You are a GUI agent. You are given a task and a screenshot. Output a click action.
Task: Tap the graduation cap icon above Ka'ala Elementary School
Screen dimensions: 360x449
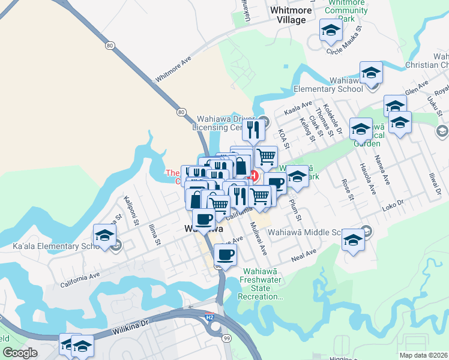[x=104, y=235]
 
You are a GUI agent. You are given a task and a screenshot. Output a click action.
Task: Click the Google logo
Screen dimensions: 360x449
[x=20, y=352]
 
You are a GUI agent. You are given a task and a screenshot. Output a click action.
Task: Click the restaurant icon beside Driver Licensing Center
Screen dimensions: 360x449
[x=253, y=130]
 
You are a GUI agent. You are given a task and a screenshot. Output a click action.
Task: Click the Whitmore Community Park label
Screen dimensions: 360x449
[x=345, y=11]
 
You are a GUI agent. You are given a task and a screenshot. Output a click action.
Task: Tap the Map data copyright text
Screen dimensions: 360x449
[x=424, y=355]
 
